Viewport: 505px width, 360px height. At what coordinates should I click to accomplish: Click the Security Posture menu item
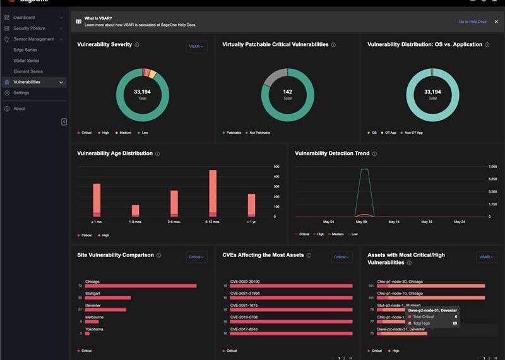pos(29,28)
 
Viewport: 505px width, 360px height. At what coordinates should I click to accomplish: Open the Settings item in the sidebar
pos(21,93)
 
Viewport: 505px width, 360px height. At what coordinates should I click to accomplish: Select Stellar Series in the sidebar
pos(27,61)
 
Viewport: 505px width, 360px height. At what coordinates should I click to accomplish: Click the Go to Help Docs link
pos(472,21)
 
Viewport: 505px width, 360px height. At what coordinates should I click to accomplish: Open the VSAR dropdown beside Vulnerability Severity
pos(196,46)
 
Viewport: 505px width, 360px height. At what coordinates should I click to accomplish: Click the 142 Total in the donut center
pos(287,94)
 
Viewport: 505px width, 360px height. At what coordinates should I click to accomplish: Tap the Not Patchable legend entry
pos(259,133)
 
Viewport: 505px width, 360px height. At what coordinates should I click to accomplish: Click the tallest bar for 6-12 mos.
pos(213,193)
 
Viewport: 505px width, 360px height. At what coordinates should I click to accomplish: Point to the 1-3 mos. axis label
pos(135,222)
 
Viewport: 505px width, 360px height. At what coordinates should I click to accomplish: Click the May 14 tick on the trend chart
pos(394,222)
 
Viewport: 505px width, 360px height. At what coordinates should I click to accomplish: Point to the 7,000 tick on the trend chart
pos(493,167)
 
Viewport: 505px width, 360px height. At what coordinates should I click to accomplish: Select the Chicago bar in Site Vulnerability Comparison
pos(140,286)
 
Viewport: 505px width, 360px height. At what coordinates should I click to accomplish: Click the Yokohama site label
pos(94,329)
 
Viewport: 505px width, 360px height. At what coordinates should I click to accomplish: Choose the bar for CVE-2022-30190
pos(287,286)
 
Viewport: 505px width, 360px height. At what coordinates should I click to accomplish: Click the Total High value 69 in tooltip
pos(454,323)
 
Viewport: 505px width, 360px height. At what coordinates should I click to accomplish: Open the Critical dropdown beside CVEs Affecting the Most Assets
pos(342,257)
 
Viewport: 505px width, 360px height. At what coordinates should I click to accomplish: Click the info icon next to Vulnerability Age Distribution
pos(158,153)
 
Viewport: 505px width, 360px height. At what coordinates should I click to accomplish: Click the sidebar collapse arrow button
pos(64,122)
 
